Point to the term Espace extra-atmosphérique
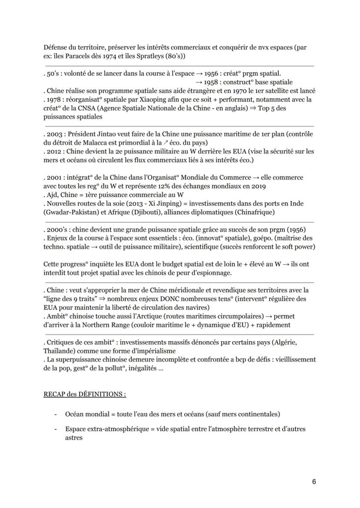point(102,429)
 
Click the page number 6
point(314,481)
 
